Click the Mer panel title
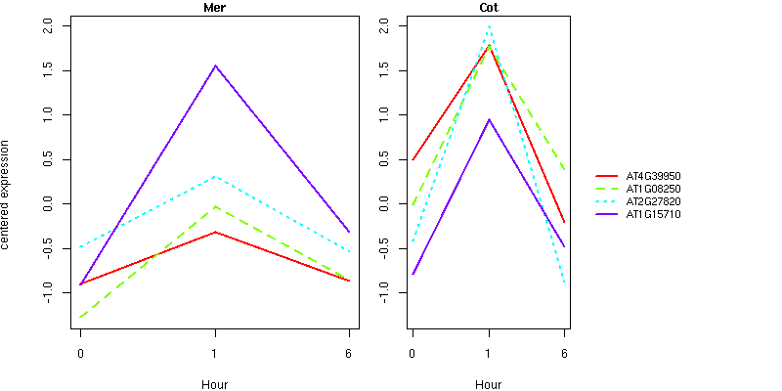pyautogui.click(x=214, y=8)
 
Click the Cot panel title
pyautogui.click(x=489, y=8)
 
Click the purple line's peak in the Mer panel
pyautogui.click(x=215, y=65)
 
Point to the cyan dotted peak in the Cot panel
pyautogui.click(x=490, y=26)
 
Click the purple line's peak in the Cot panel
pyautogui.click(x=490, y=119)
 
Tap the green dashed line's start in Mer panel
pyautogui.click(x=80, y=317)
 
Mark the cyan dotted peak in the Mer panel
pyautogui.click(x=215, y=177)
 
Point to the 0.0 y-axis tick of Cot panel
pyautogui.click(x=383, y=204)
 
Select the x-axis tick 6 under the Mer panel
pyautogui.click(x=349, y=354)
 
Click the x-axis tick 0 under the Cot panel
pyautogui.click(x=413, y=354)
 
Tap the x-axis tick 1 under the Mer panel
pyautogui.click(x=215, y=354)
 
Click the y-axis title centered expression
pyautogui.click(x=6, y=195)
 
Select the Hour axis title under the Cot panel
pyautogui.click(x=489, y=384)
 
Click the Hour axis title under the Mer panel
pyautogui.click(x=214, y=384)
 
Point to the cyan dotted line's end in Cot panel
pyautogui.click(x=564, y=282)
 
